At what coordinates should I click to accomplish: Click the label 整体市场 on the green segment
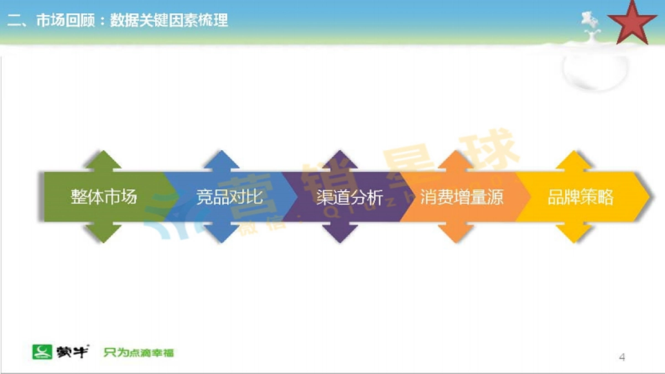click(x=104, y=197)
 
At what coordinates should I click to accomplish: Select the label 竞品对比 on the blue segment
click(x=229, y=197)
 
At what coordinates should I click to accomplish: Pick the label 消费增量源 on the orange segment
click(x=462, y=197)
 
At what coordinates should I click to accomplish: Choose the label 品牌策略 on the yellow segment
click(x=580, y=197)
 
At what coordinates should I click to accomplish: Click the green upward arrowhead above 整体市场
click(x=103, y=161)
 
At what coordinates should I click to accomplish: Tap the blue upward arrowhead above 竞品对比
click(x=222, y=161)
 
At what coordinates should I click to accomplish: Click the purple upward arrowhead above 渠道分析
click(x=340, y=161)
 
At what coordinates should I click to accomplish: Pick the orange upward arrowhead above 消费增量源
click(x=456, y=161)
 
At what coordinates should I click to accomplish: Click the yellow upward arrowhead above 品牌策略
click(x=575, y=161)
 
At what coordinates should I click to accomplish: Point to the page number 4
click(x=622, y=357)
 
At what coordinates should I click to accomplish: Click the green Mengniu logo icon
click(x=42, y=352)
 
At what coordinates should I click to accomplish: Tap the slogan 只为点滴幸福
click(x=139, y=352)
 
